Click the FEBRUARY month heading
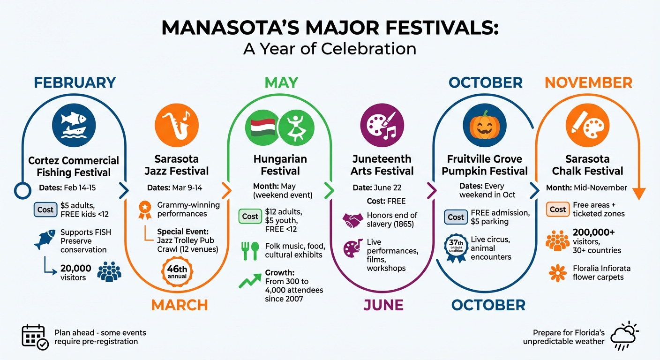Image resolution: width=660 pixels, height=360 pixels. click(75, 82)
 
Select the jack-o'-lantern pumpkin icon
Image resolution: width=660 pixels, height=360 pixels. click(484, 125)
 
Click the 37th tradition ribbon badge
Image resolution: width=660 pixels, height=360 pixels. click(456, 247)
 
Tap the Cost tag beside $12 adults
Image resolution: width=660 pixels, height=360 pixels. click(250, 216)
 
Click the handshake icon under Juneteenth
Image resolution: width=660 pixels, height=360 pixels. click(353, 220)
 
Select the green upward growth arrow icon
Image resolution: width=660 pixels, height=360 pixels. click(249, 281)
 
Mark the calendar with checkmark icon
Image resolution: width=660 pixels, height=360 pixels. click(35, 337)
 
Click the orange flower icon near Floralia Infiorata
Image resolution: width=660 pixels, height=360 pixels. click(557, 273)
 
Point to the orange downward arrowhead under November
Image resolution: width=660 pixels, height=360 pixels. click(638, 194)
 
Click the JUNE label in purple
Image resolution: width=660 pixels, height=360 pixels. click(383, 305)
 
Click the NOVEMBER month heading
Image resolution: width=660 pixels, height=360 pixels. click(588, 82)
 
